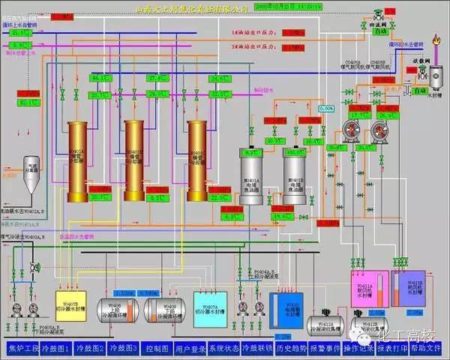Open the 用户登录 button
pyautogui.click(x=190, y=348)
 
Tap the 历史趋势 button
pyautogui.click(x=292, y=348)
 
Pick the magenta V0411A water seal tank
pyautogui.click(x=365, y=292)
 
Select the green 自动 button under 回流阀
pyautogui.click(x=380, y=32)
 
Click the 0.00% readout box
pyautogui.click(x=326, y=109)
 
